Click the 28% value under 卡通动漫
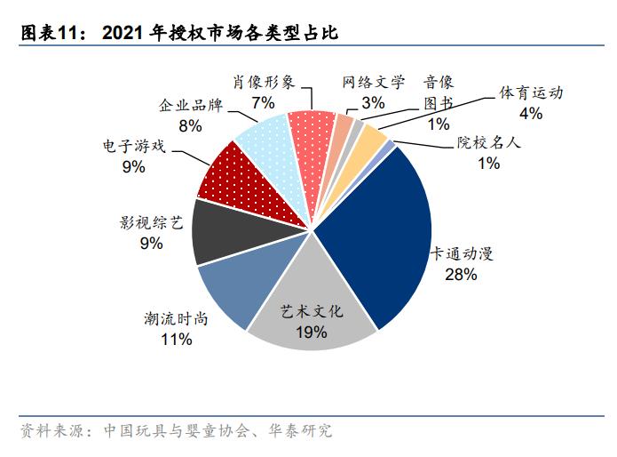[462, 276]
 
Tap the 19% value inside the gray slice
[311, 333]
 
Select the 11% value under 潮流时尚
[176, 340]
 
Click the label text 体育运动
[532, 92]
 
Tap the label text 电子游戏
[134, 144]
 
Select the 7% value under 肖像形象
[263, 102]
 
